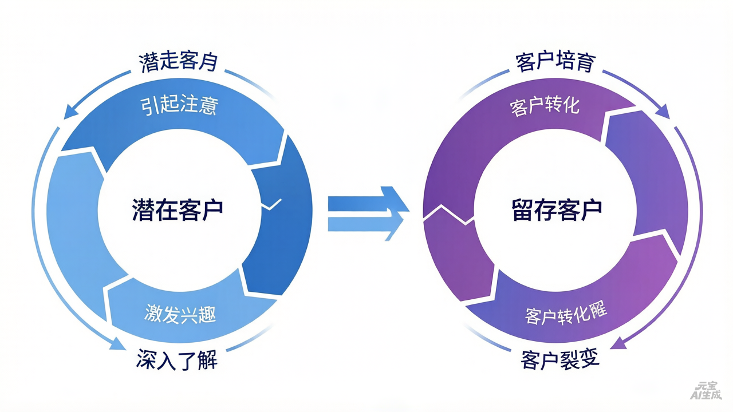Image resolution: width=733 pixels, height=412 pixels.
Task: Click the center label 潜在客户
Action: pos(177,209)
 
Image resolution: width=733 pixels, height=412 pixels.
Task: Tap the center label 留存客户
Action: pos(557,209)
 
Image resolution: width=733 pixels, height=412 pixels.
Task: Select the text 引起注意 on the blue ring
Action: pos(179,105)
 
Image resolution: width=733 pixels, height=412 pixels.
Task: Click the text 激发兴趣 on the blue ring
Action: pos(180,314)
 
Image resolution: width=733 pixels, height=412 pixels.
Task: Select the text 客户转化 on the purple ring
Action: pos(545,106)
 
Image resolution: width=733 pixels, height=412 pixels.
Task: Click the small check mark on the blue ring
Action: pos(272,204)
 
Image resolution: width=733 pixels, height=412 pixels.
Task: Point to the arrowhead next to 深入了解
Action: pos(117,343)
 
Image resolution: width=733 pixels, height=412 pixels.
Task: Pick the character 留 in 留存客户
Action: pos(522,209)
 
